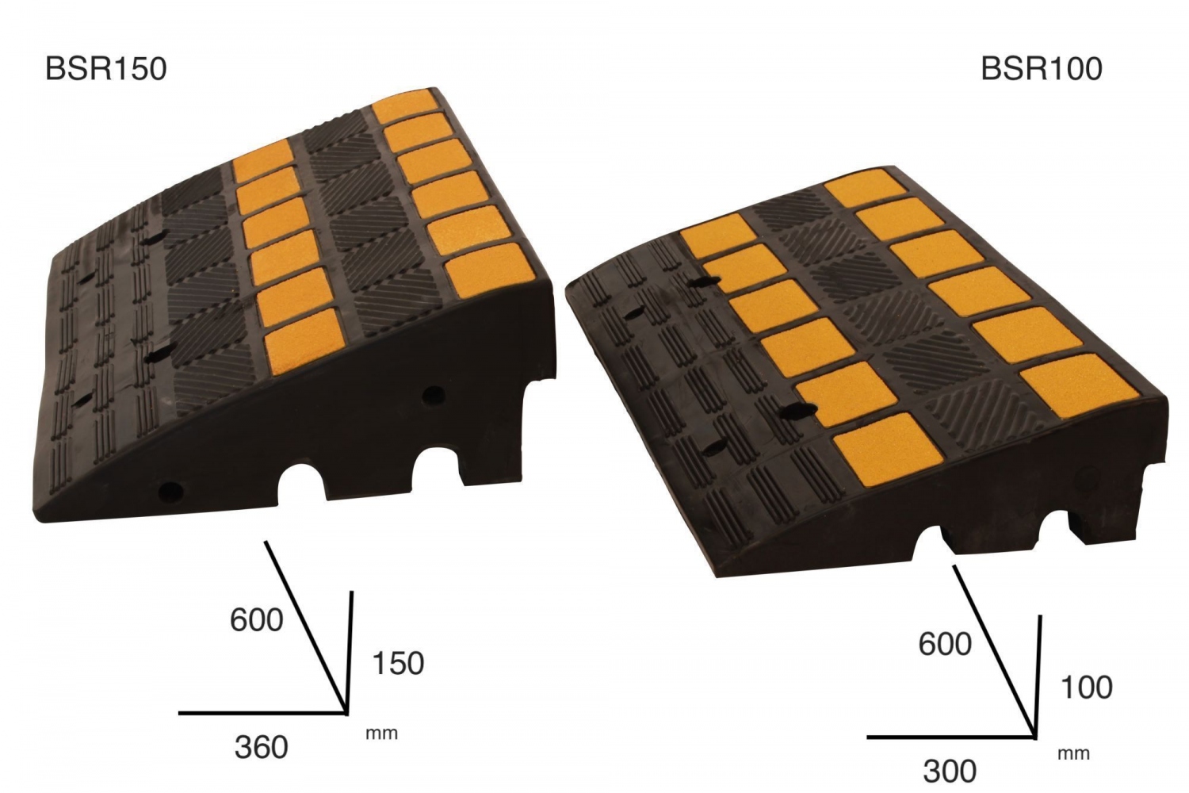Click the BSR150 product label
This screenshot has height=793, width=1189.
(x=106, y=69)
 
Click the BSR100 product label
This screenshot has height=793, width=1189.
(x=1042, y=69)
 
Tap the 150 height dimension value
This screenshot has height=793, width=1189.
(x=398, y=663)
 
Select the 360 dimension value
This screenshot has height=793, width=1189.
(x=261, y=747)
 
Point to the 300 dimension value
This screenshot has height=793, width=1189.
(x=950, y=772)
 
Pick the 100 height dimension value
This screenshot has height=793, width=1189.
(x=1087, y=688)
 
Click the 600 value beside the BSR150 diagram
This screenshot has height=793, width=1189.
(x=256, y=620)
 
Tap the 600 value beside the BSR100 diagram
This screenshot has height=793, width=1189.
(x=945, y=644)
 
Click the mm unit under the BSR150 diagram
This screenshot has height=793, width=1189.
(x=381, y=734)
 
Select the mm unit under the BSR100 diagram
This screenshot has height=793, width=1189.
(x=1074, y=753)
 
